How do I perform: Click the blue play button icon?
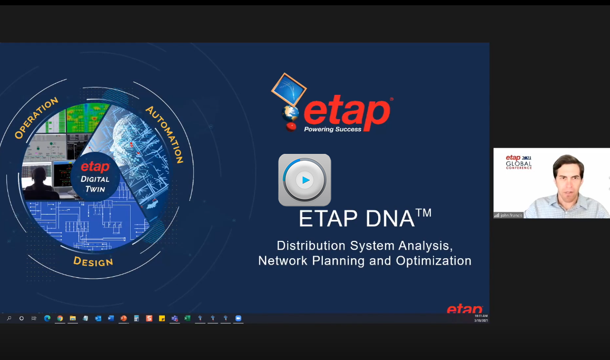tap(304, 180)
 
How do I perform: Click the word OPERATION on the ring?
tap(36, 119)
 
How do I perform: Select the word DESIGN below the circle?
tap(93, 261)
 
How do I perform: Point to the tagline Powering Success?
tap(332, 129)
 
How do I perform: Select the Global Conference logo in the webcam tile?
tap(518, 162)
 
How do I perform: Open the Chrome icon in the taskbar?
tap(60, 318)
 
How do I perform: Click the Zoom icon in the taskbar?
tap(238, 318)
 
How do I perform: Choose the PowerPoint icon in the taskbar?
tap(124, 318)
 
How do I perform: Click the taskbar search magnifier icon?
tap(9, 318)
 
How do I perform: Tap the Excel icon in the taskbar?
tap(187, 318)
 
